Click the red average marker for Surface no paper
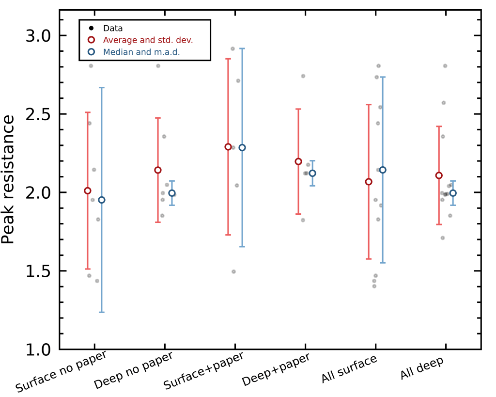point(88,191)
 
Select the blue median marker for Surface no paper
point(102,200)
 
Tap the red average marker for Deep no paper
point(158,170)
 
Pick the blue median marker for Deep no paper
point(172,193)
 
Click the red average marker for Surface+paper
point(228,147)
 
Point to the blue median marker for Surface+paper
point(242,147)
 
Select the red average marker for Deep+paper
point(298,161)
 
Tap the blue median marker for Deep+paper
point(312,173)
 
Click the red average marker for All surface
point(369,182)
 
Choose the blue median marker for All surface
point(383,170)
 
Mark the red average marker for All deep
point(439,175)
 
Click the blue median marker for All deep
point(453,193)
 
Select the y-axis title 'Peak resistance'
point(8,179)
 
